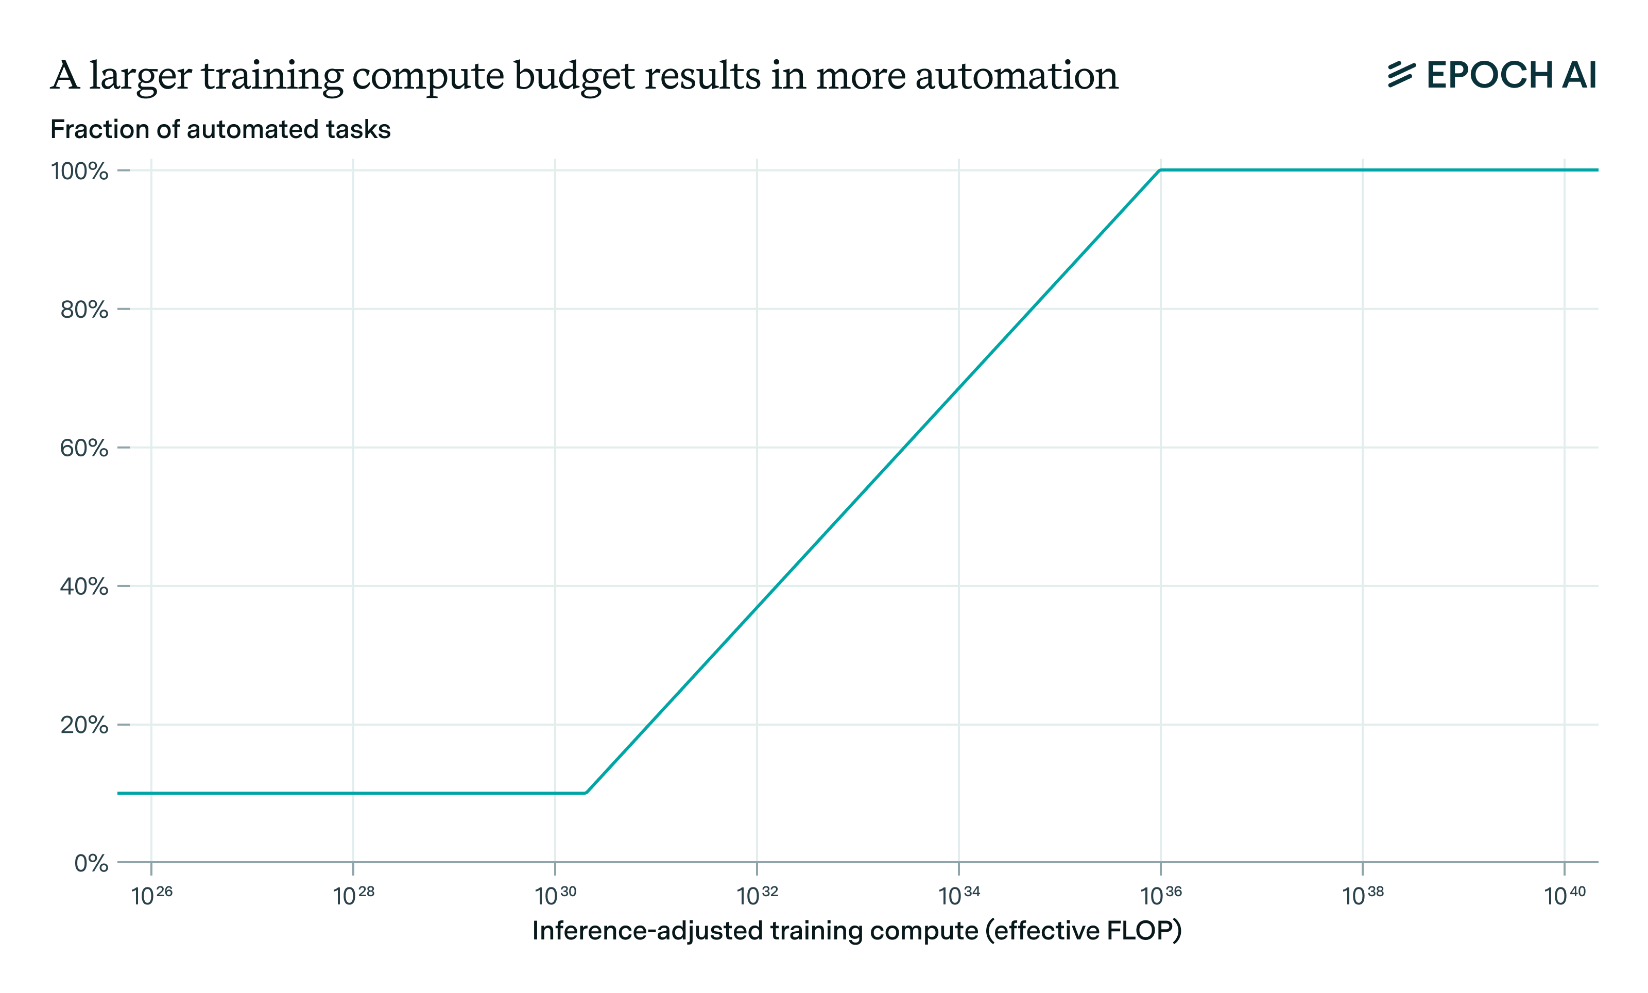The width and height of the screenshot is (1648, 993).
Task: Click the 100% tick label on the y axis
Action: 80,171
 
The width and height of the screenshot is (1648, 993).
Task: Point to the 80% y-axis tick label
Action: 84,310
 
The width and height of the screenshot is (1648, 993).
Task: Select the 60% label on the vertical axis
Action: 84,448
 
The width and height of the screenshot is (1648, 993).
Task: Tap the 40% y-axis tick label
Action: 84,587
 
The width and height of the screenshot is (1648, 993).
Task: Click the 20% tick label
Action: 84,725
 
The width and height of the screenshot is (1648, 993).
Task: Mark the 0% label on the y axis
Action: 91,863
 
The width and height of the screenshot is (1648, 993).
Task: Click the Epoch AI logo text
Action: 1510,75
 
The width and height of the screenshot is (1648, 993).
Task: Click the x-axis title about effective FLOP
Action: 857,931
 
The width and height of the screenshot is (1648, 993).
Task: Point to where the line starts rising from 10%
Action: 586,793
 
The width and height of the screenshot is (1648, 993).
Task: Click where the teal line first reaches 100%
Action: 1160,170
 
